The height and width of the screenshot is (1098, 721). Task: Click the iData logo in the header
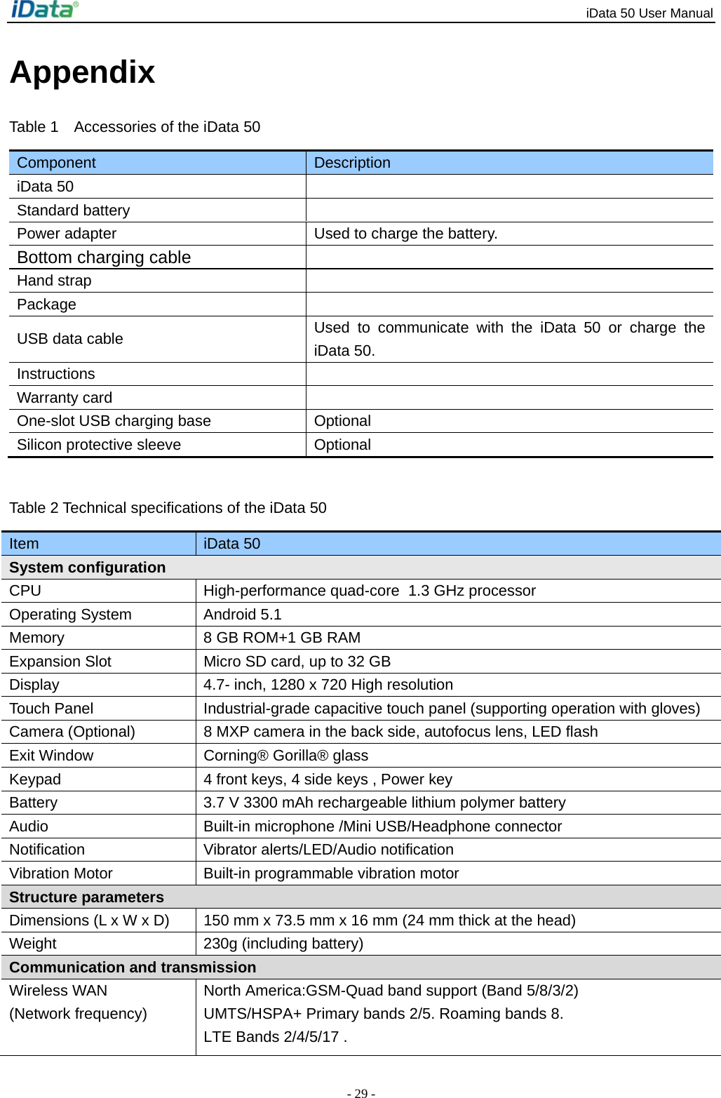(x=44, y=10)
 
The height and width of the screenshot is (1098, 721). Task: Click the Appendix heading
(x=82, y=72)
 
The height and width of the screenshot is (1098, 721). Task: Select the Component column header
(x=56, y=163)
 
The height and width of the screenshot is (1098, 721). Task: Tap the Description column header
(x=352, y=163)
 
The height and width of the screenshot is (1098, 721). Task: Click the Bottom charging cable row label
(x=104, y=257)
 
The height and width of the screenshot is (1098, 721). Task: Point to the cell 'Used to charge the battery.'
(x=405, y=234)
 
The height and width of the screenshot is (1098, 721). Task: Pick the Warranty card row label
(x=65, y=398)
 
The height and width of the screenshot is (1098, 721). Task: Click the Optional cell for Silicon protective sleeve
(x=342, y=445)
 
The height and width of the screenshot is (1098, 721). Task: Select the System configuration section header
(x=88, y=568)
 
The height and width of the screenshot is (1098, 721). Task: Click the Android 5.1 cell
(x=242, y=615)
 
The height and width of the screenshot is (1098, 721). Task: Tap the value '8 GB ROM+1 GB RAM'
(x=282, y=638)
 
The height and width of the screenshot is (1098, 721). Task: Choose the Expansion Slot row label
(x=60, y=662)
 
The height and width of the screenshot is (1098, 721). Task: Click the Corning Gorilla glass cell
(x=285, y=756)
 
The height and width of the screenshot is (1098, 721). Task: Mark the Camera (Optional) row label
(x=72, y=732)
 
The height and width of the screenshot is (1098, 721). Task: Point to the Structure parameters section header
(x=86, y=897)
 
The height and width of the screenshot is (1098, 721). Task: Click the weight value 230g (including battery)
(x=283, y=944)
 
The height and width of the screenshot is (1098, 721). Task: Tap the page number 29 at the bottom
(x=360, y=1093)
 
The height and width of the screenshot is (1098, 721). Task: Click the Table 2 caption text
(x=168, y=508)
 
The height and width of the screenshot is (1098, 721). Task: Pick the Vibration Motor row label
(x=61, y=873)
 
